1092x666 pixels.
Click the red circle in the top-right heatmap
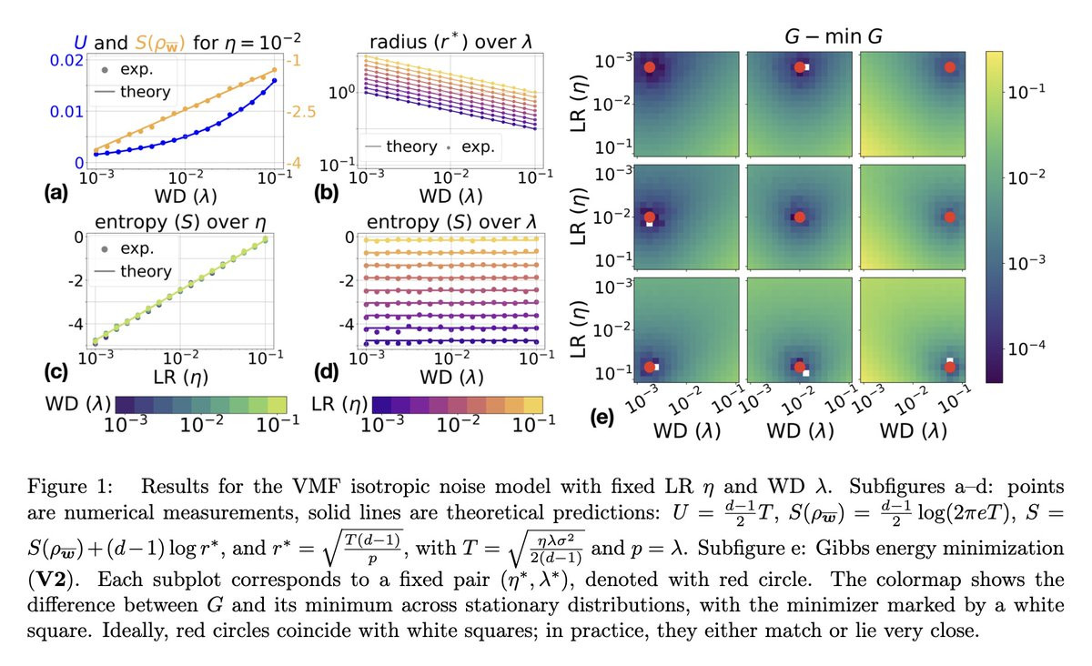[x=949, y=67]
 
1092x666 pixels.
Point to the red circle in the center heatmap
[x=799, y=217]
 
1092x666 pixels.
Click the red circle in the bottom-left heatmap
[x=649, y=367]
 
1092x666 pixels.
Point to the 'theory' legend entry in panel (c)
[x=145, y=271]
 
